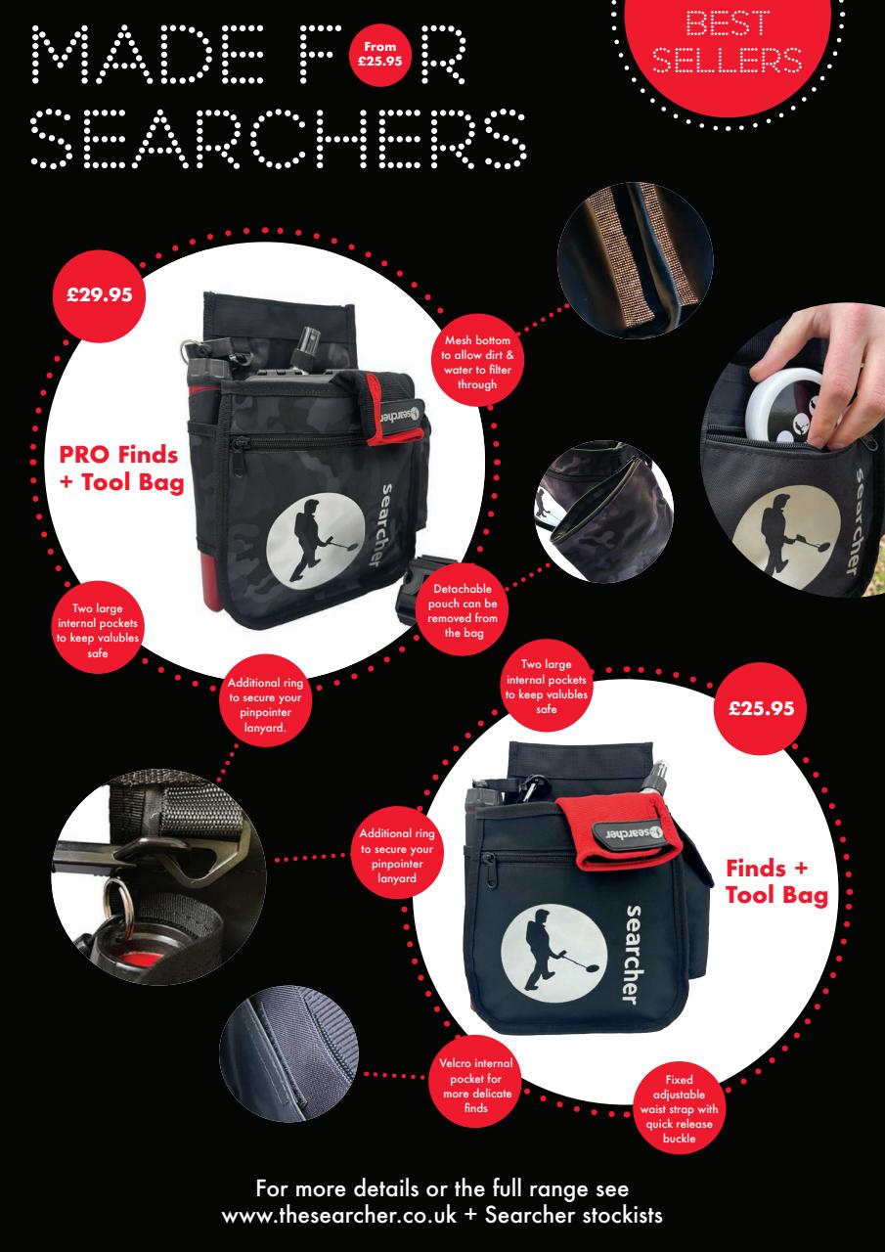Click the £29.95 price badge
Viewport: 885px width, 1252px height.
[x=99, y=295]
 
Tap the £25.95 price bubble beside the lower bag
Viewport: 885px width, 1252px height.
[x=761, y=709]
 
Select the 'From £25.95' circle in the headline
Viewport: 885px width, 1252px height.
[x=380, y=54]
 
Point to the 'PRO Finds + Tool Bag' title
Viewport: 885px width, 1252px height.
[x=121, y=469]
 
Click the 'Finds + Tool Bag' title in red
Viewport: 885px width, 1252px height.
[x=776, y=882]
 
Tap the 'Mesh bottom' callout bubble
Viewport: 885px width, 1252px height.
[x=477, y=362]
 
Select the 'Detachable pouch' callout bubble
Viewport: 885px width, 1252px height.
[x=463, y=610]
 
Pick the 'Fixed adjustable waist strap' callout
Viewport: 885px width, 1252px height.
[x=679, y=1108]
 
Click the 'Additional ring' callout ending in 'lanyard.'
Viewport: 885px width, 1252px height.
[x=265, y=705]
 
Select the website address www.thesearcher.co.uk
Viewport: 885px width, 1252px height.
[x=339, y=1216]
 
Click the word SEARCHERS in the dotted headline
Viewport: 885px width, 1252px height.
[x=278, y=138]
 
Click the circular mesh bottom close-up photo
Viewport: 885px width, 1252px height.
[x=636, y=260]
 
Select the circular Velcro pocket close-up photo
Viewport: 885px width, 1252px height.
[x=288, y=1053]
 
